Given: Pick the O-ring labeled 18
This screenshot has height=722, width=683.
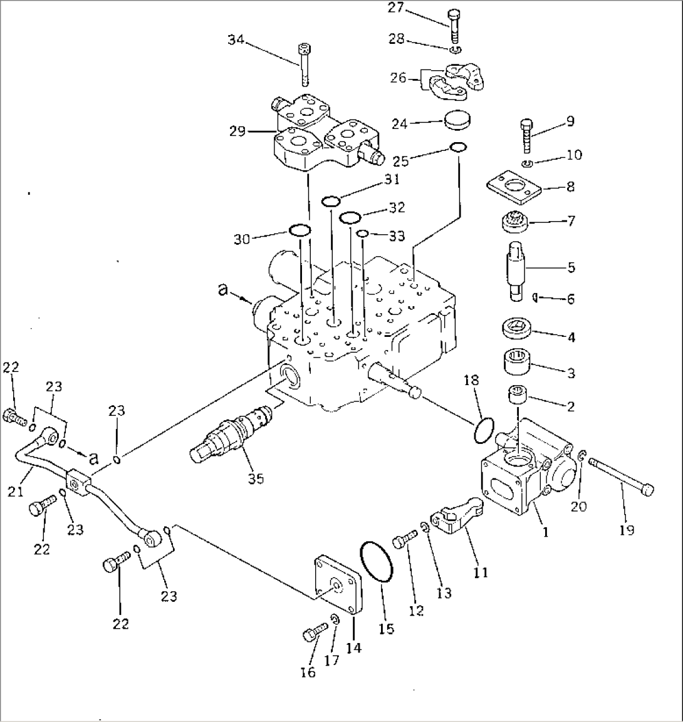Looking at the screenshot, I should tap(483, 430).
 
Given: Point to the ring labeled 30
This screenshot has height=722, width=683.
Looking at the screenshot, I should tap(299, 230).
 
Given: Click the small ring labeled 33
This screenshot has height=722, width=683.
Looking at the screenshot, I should tap(362, 234).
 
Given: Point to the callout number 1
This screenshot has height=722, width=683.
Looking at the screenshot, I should tap(546, 532).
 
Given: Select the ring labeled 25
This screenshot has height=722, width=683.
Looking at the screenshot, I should tap(458, 148).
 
